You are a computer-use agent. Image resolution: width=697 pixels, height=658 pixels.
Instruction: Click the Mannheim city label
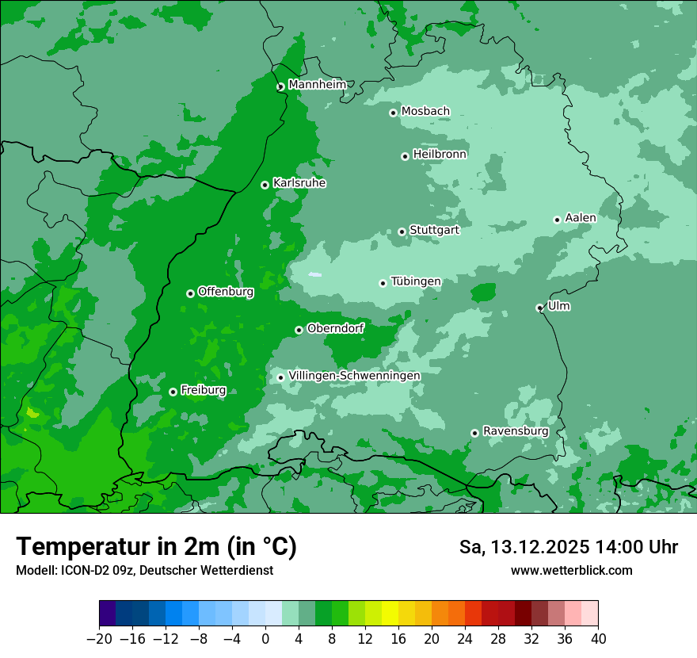point(317,84)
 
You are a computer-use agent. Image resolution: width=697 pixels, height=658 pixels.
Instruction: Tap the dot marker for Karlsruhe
point(265,185)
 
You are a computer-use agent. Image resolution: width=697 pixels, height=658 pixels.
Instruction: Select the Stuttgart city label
point(434,230)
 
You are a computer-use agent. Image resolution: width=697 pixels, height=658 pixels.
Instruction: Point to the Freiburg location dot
point(173,392)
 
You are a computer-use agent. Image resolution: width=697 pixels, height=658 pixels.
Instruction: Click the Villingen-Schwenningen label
point(354,375)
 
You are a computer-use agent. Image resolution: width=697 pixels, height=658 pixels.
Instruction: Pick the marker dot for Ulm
point(539,308)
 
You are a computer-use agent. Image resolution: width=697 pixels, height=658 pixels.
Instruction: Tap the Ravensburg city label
point(516,430)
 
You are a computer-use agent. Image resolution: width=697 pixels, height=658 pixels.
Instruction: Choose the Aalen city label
point(580,217)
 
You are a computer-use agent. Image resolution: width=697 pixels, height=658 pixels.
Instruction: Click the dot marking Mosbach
point(393,113)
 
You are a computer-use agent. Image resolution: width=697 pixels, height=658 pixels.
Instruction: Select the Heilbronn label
point(440,154)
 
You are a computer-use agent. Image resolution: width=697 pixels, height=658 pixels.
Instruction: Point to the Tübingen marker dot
point(383,283)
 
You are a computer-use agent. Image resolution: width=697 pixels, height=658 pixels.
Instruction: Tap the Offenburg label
point(226,291)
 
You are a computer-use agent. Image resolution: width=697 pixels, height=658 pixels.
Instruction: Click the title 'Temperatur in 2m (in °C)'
point(156,546)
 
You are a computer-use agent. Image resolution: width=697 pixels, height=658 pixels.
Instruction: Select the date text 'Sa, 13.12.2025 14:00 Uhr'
point(568,547)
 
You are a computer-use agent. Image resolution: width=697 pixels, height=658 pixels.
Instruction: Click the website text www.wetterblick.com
point(571,570)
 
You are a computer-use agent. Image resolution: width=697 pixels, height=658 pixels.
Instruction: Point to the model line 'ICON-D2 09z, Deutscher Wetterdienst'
point(144,570)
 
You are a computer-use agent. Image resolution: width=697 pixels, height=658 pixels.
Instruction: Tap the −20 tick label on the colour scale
point(99,638)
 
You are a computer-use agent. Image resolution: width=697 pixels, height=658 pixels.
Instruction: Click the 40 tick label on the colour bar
point(598,638)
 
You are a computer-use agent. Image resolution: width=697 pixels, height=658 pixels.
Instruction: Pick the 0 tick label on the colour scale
point(265,638)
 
